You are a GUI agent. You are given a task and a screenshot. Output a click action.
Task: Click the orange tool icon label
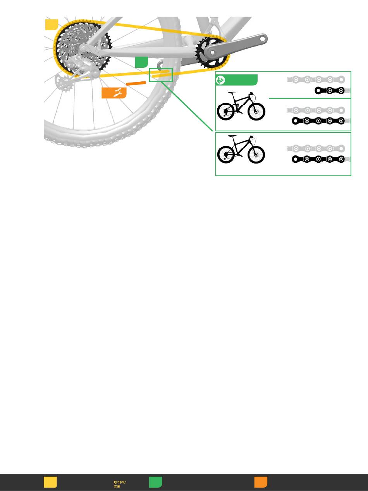coord(114,93)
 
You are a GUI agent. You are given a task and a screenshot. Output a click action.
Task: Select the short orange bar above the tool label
coord(135,83)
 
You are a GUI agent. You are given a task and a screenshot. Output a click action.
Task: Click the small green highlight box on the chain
coord(161,75)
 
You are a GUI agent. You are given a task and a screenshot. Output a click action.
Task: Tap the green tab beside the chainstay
coord(142,62)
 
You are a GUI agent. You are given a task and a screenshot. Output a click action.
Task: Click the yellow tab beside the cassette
coord(52,24)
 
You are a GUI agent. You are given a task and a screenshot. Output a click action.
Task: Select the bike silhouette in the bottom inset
coord(241,149)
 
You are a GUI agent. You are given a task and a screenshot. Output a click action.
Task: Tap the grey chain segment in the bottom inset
coord(316,148)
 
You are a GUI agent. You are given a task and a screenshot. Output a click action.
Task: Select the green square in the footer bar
coord(155,482)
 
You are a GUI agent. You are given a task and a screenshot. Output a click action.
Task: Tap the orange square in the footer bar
coord(261,482)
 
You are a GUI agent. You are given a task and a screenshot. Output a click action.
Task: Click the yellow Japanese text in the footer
coord(119,484)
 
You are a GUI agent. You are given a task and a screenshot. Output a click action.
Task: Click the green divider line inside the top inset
coord(310,99)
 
